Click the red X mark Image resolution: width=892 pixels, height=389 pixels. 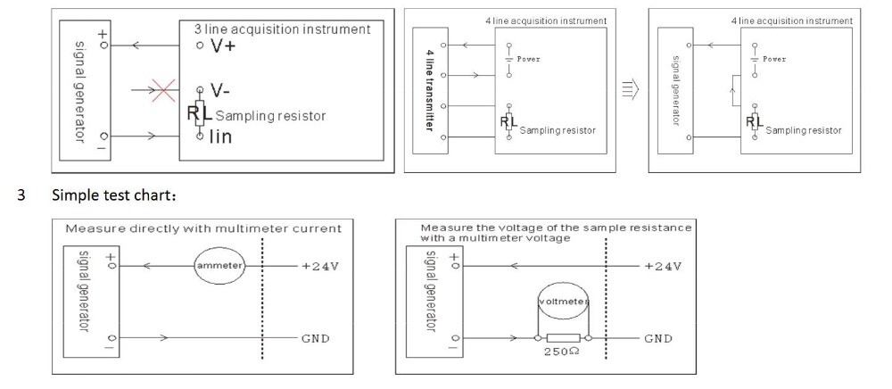pos(163,90)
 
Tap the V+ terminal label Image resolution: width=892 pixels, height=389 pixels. pos(222,46)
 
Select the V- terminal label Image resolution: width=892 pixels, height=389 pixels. pos(219,90)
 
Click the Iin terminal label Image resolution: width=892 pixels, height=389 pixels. pos(220,137)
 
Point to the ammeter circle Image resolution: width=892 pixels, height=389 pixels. pos(219,266)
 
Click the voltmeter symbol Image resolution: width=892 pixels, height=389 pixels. pos(563,302)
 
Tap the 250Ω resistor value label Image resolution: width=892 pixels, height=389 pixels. pos(563,352)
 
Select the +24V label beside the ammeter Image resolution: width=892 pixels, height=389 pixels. pos(319,266)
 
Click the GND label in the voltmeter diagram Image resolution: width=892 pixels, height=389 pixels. pos(658,338)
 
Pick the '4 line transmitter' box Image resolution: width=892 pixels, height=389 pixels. pos(431,90)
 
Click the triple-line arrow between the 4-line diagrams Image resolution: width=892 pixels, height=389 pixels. pos(631,90)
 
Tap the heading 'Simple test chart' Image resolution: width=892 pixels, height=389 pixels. pos(114,195)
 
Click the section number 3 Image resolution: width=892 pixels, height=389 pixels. pos(21,195)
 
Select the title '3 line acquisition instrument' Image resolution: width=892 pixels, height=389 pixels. pos(282,29)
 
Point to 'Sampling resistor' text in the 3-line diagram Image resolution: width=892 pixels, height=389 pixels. pos(270,116)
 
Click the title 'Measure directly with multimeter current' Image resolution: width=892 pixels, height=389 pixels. pos(203,228)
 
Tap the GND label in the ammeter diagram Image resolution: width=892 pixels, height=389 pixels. pos(315,338)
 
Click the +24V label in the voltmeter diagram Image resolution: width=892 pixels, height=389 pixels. pos(663,266)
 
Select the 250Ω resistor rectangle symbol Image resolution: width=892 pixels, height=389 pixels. pos(563,338)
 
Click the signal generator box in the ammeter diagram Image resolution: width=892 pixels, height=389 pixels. pos(91,302)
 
